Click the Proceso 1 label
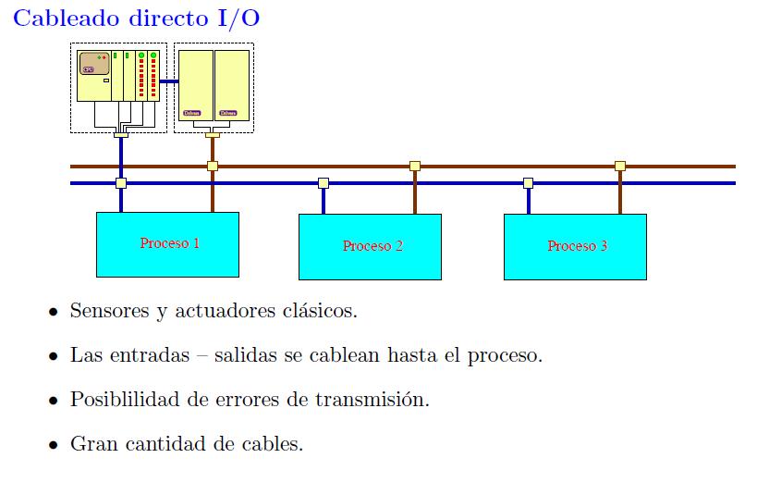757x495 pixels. (x=169, y=243)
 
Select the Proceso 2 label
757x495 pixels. (x=372, y=246)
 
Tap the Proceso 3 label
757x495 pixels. (x=577, y=246)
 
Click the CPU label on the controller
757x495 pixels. (x=89, y=69)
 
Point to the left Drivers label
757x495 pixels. (x=191, y=113)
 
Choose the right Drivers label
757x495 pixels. (x=227, y=113)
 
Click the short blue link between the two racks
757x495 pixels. (x=168, y=81)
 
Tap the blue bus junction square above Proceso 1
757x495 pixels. (x=121, y=183)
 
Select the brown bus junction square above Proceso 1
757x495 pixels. (x=213, y=167)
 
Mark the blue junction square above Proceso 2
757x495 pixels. (x=324, y=183)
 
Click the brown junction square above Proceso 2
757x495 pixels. (x=415, y=167)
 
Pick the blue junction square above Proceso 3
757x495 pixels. (x=528, y=183)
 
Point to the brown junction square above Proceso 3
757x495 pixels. (x=620, y=167)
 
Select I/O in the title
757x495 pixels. (x=237, y=19)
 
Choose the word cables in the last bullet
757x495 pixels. (x=274, y=444)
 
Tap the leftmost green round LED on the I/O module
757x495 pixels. (x=141, y=56)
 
